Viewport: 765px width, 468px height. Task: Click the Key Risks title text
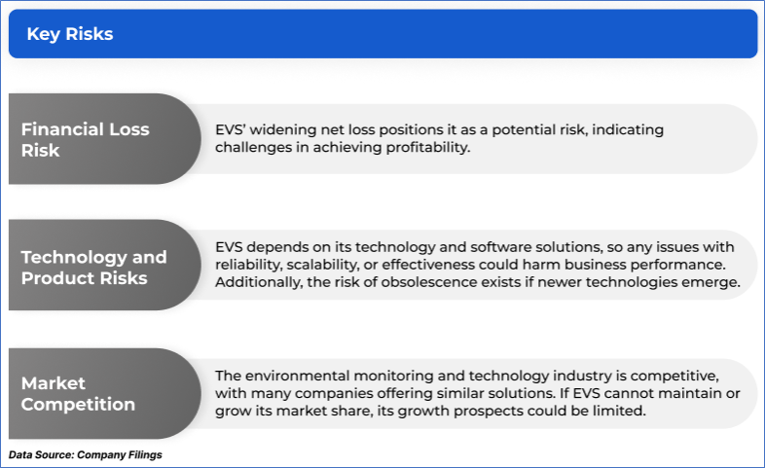(x=70, y=34)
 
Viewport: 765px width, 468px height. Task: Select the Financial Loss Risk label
(x=86, y=139)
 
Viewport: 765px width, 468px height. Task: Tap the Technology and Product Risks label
(x=94, y=268)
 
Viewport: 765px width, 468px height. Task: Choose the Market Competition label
(x=78, y=393)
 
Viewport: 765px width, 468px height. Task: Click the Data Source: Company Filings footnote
(x=86, y=454)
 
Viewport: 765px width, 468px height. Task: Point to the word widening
(x=283, y=130)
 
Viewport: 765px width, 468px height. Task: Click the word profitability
(x=428, y=147)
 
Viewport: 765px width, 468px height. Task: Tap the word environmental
(x=298, y=376)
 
